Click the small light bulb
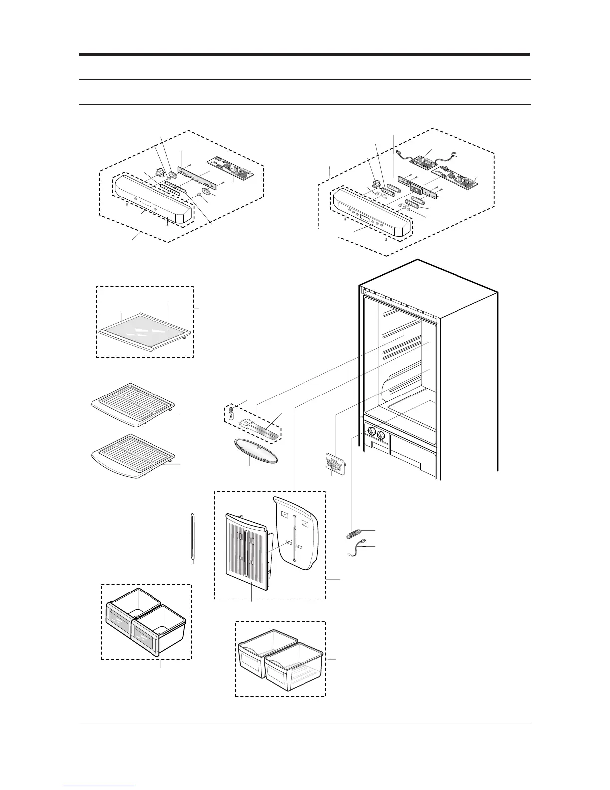(x=231, y=413)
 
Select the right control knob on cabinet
(x=381, y=437)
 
